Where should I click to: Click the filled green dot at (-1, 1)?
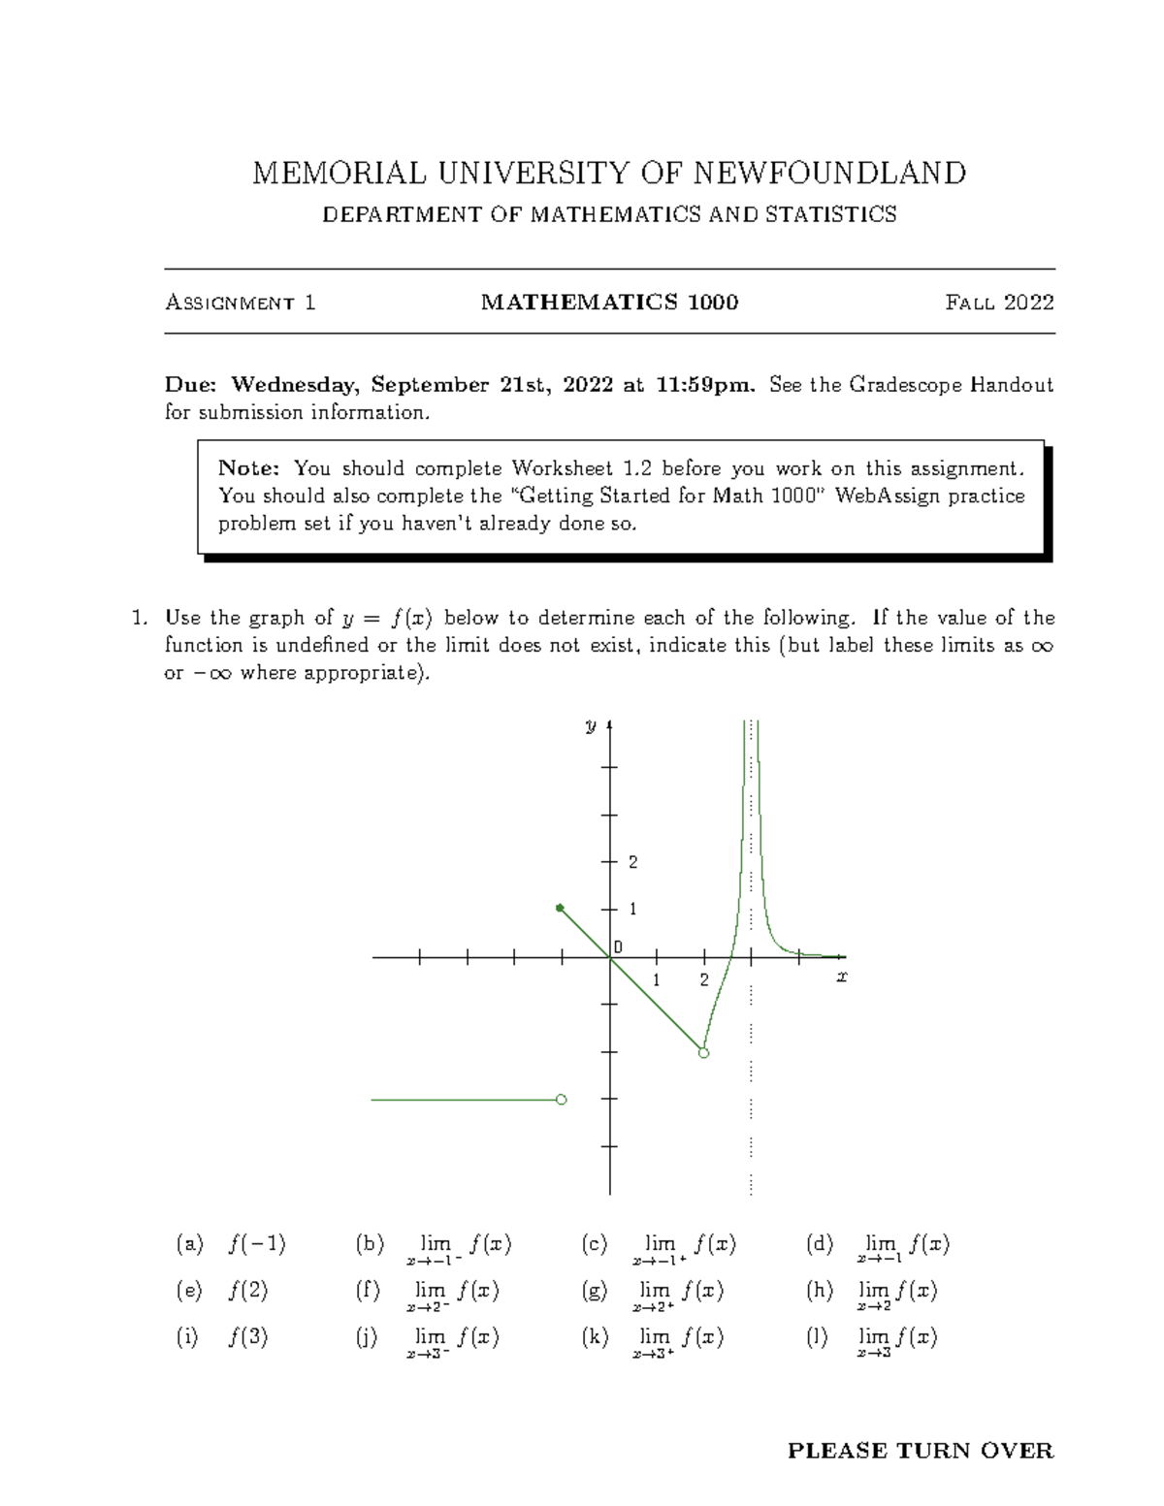click(x=560, y=908)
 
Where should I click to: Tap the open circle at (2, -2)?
click(x=704, y=1052)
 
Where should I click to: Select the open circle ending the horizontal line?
click(x=561, y=1100)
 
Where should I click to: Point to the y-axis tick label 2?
click(x=633, y=862)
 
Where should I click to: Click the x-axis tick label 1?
click(x=657, y=980)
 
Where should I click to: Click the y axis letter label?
click(x=590, y=725)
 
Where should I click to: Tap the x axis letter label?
click(x=842, y=977)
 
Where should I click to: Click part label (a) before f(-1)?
click(x=189, y=1244)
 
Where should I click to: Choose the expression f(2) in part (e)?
click(x=248, y=1291)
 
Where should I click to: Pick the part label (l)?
click(x=818, y=1337)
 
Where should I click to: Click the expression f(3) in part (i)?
click(x=248, y=1337)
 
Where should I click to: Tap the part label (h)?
click(x=819, y=1291)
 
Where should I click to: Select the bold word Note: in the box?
click(x=249, y=468)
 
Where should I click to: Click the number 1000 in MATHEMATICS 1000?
click(x=713, y=303)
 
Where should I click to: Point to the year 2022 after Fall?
click(x=1028, y=303)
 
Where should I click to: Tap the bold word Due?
click(x=192, y=385)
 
